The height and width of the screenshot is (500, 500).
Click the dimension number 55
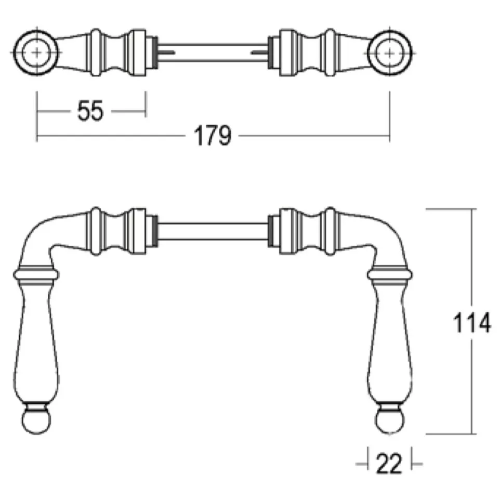pyautogui.click(x=90, y=111)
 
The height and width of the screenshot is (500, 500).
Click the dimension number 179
pyautogui.click(x=213, y=136)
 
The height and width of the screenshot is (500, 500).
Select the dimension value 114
pyautogui.click(x=472, y=323)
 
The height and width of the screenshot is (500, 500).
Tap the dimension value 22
pyautogui.click(x=389, y=464)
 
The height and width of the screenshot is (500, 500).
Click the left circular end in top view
pyautogui.click(x=36, y=53)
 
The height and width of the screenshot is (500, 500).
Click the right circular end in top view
pyautogui.click(x=390, y=53)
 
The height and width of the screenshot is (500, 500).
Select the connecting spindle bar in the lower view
pyautogui.click(x=213, y=231)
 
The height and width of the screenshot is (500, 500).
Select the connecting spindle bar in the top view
pyautogui.click(x=213, y=53)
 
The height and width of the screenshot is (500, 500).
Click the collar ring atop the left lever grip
pyautogui.click(x=36, y=274)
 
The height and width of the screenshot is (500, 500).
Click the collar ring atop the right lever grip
pyautogui.click(x=390, y=274)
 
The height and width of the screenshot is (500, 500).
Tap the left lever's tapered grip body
pyautogui.click(x=36, y=343)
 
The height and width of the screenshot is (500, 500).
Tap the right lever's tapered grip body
pyautogui.click(x=390, y=343)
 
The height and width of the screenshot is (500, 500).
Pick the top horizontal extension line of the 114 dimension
pyautogui.click(x=451, y=209)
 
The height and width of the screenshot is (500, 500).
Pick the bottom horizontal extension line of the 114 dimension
pyautogui.click(x=451, y=434)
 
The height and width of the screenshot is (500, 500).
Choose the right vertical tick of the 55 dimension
pyautogui.click(x=146, y=104)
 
